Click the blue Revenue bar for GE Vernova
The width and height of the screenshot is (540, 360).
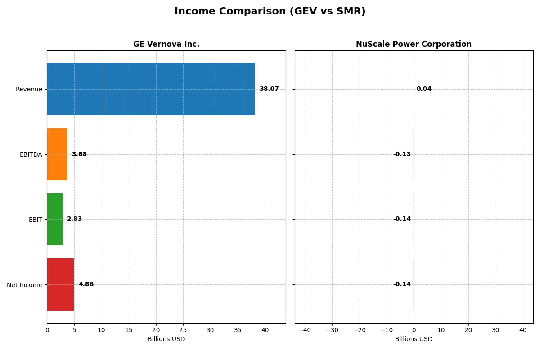coord(151,89)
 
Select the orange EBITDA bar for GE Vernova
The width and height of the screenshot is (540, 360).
coord(57,154)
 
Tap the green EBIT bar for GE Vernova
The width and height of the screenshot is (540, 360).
coord(55,219)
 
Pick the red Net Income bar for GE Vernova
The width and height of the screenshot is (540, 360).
coord(60,284)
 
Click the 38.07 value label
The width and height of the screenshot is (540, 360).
coord(269,89)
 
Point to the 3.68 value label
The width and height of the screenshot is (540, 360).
coord(79,154)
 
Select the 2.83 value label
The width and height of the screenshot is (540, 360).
coord(75,219)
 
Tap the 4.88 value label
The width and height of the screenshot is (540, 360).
coord(86,284)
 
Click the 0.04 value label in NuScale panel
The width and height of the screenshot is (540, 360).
coord(424,89)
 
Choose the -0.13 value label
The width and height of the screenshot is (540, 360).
coord(402,154)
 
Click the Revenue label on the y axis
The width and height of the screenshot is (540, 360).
coord(29,90)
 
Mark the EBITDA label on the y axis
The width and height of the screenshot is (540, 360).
coord(31,155)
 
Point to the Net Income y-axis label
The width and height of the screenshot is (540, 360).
coord(25,285)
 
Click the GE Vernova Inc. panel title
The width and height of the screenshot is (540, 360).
coord(166,44)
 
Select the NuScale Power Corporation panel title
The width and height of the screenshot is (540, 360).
coord(414,44)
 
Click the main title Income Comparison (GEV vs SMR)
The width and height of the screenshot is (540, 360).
coord(270,12)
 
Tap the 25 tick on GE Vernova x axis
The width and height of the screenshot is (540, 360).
coord(184,330)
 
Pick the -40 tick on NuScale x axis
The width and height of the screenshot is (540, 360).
coord(305,330)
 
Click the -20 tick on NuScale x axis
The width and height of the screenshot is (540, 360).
coord(359,330)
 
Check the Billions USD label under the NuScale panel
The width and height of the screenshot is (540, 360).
coord(414,339)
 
